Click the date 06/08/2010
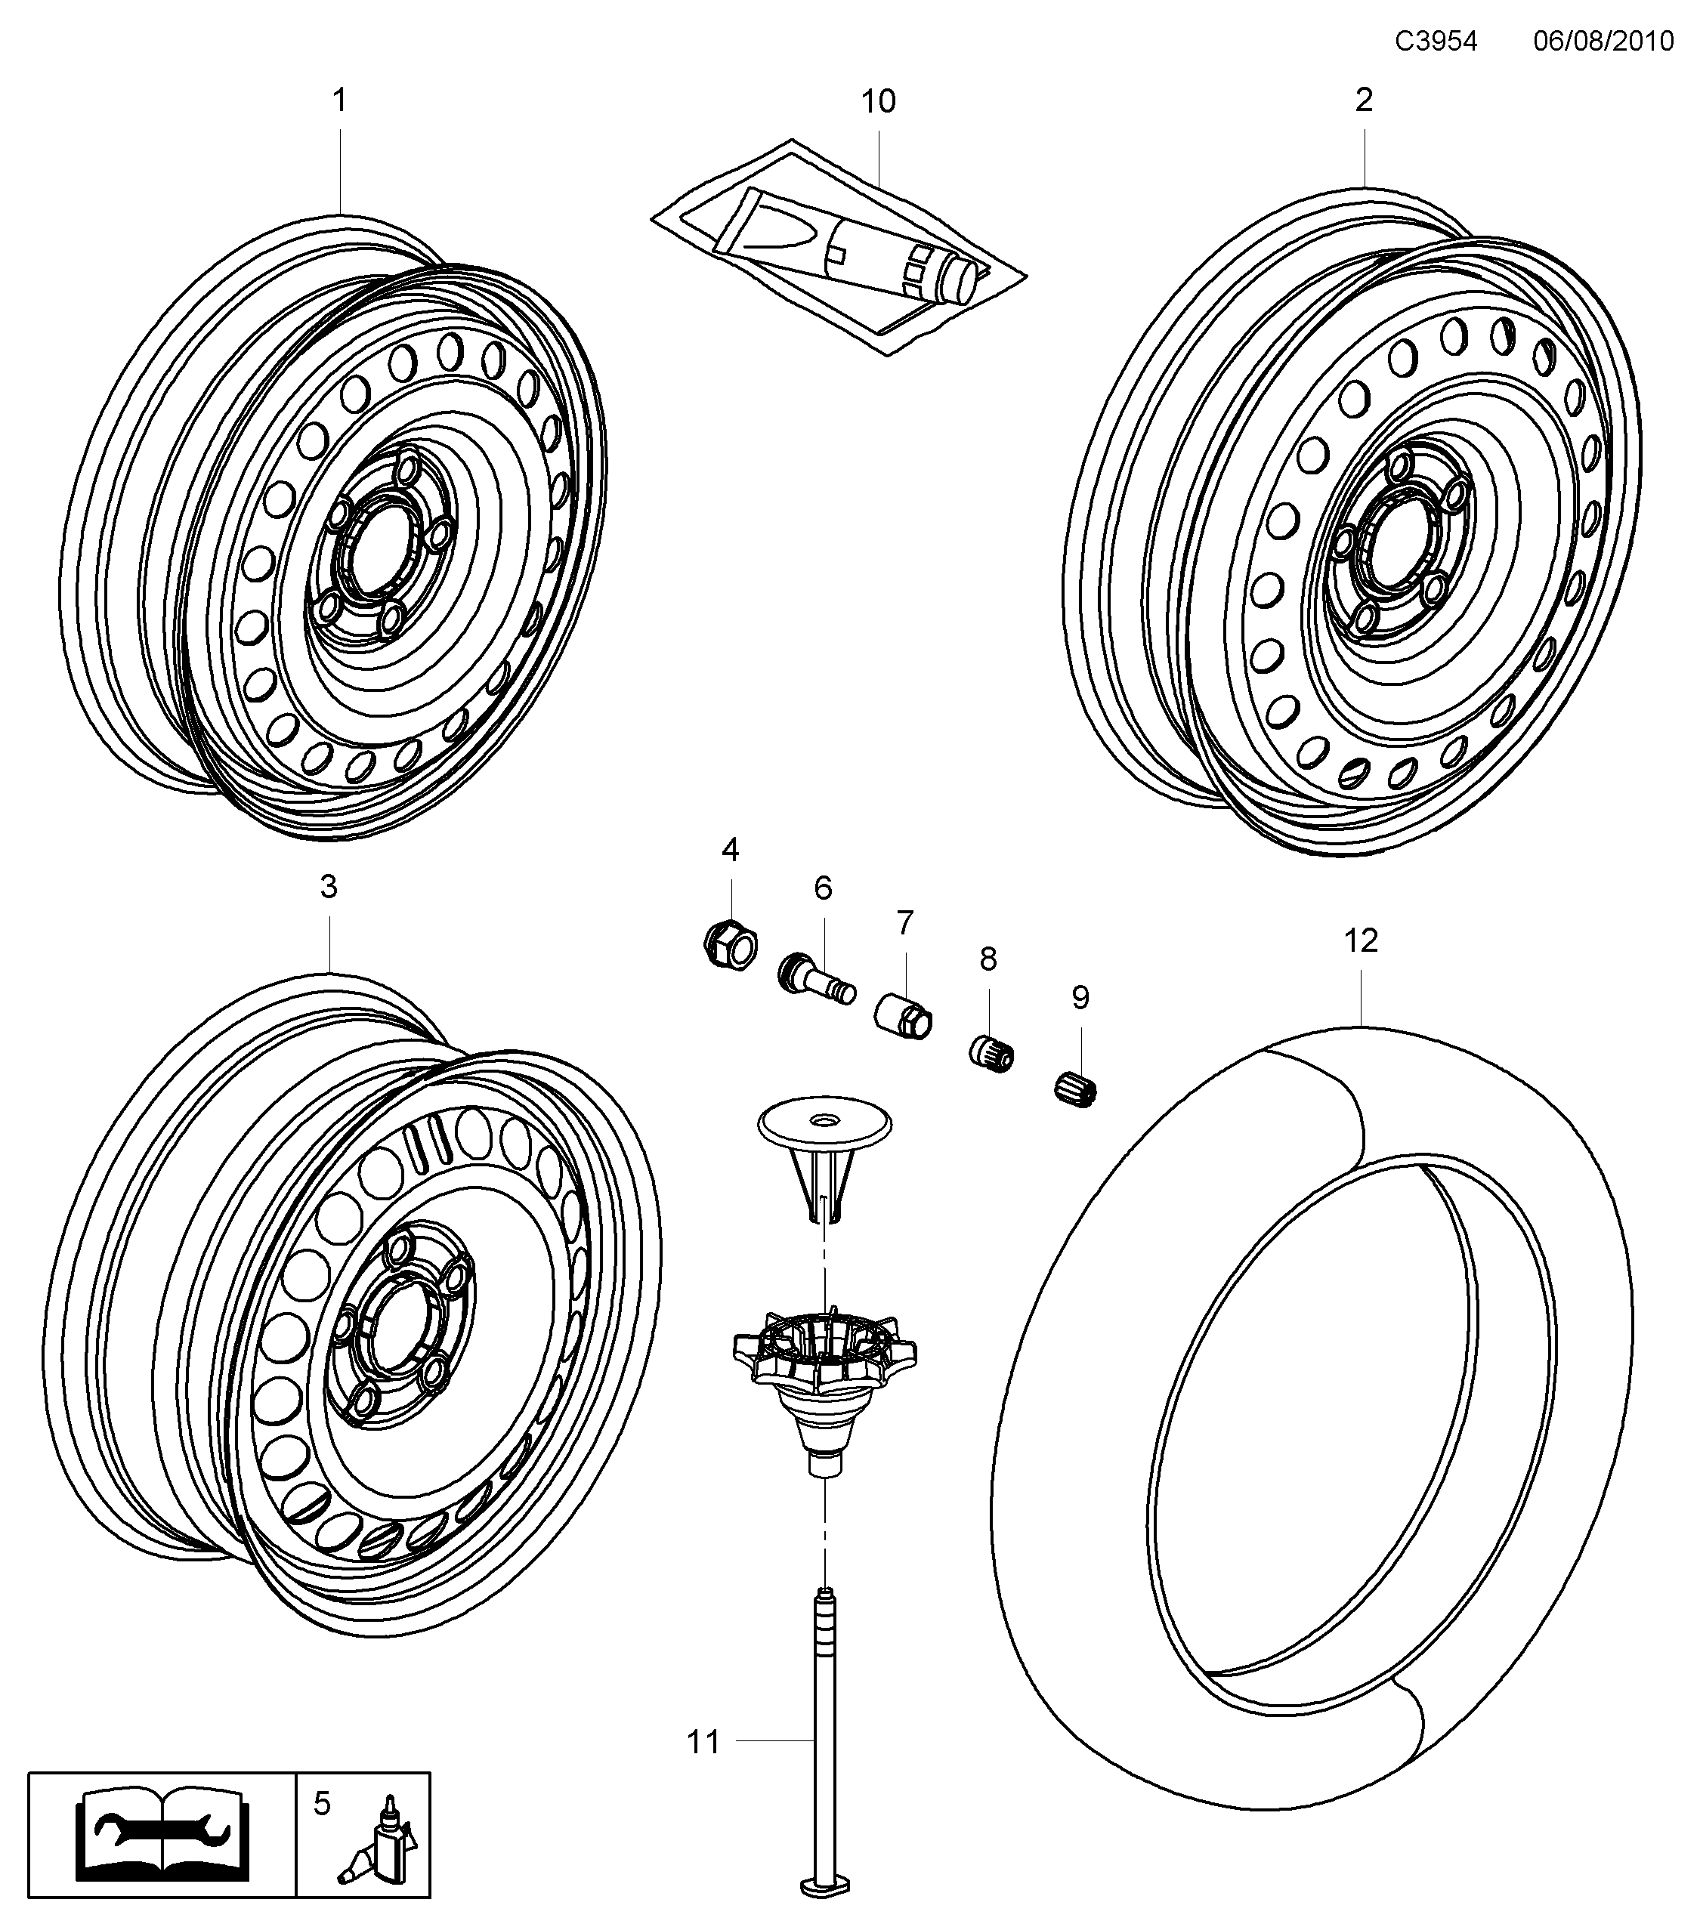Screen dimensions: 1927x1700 [1603, 42]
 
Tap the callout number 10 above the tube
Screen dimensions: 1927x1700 [878, 102]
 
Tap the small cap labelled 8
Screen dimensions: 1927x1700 [992, 1053]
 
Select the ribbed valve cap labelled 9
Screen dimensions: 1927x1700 [1075, 1091]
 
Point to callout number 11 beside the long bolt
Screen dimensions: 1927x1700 [703, 1742]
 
